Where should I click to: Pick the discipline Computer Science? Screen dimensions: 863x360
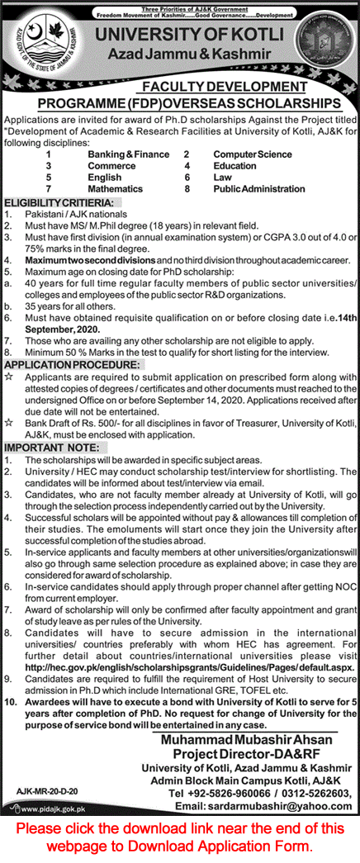click(x=252, y=154)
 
